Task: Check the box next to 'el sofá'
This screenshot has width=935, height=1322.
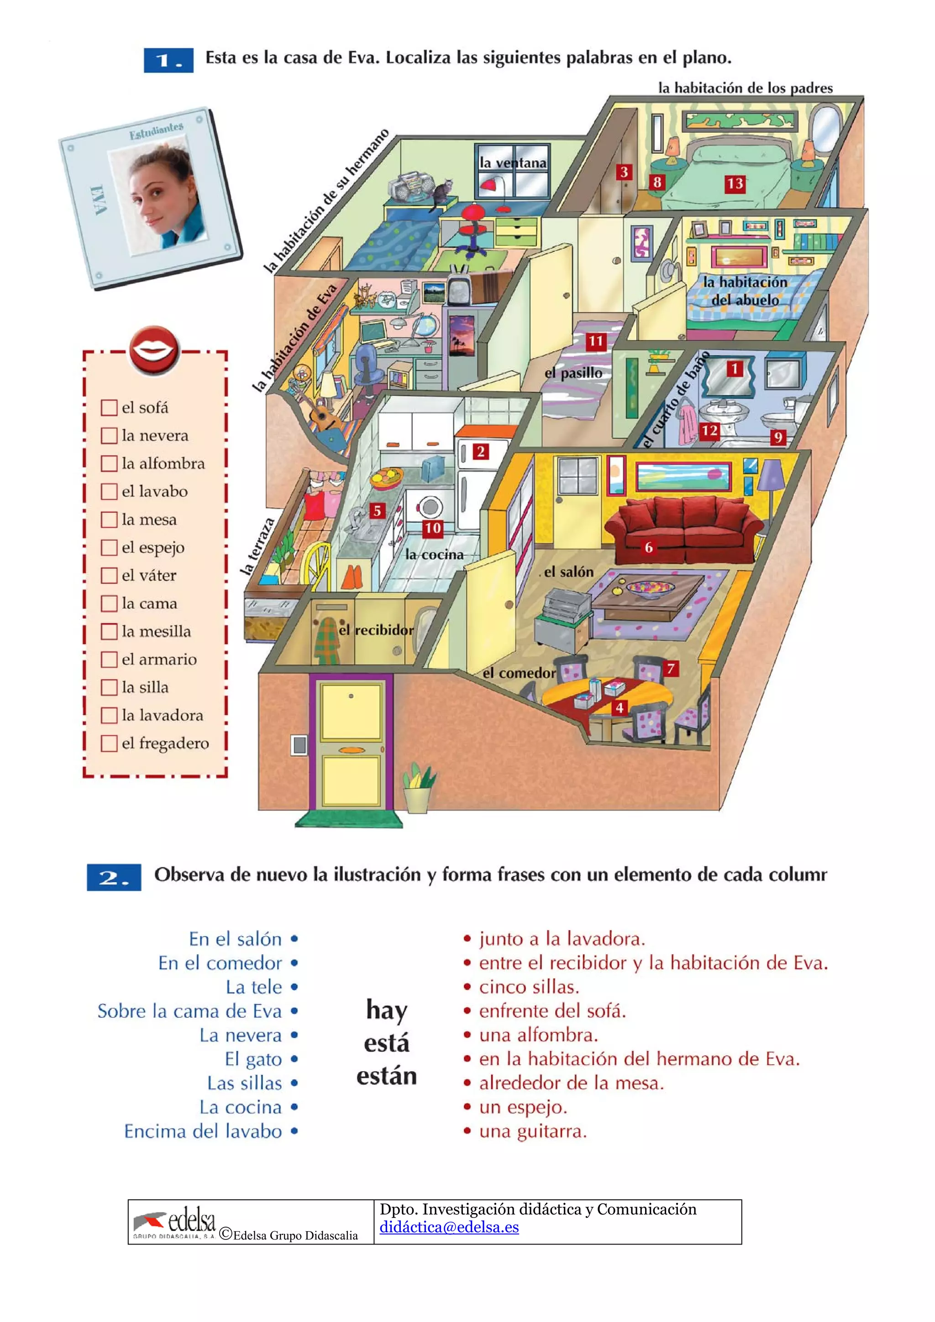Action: (x=109, y=408)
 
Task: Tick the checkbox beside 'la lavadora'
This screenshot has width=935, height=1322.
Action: (x=109, y=715)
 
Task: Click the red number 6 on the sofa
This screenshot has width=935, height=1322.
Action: (x=649, y=547)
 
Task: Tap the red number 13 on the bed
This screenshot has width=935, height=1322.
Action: (x=735, y=184)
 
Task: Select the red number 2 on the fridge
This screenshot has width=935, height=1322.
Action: (x=480, y=452)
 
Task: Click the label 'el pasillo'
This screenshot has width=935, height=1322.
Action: (x=573, y=373)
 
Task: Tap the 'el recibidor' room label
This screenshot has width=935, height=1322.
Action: (x=376, y=630)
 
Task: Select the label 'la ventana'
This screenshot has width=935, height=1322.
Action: (x=513, y=163)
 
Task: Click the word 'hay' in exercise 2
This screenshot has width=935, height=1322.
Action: (x=387, y=1010)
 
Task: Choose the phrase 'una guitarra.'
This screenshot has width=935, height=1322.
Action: (x=533, y=1131)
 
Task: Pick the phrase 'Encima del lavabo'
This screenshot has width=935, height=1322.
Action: (x=203, y=1131)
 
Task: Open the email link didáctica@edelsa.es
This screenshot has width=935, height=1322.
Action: (x=449, y=1227)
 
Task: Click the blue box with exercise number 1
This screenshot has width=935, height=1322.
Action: (x=168, y=60)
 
